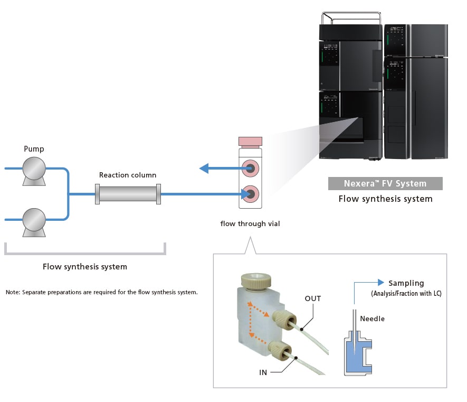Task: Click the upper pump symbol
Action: pos(33,169)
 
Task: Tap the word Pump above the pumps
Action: pos(34,149)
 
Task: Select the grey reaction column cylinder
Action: pos(128,194)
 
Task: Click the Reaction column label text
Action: pos(128,175)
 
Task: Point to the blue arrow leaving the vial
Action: pos(217,169)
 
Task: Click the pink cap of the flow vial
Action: pos(250,142)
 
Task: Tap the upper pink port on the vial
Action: pos(250,169)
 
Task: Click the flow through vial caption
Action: pos(250,223)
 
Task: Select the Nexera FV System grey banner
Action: pos(385,184)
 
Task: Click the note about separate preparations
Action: pos(102,292)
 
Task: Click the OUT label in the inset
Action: pos(313,298)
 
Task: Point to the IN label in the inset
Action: pos(263,372)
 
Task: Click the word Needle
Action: pos(372,319)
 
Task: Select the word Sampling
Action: pos(406,283)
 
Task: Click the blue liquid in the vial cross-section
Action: pos(355,359)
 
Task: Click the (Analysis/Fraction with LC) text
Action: pos(406,293)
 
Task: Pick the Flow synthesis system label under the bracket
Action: pos(85,267)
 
